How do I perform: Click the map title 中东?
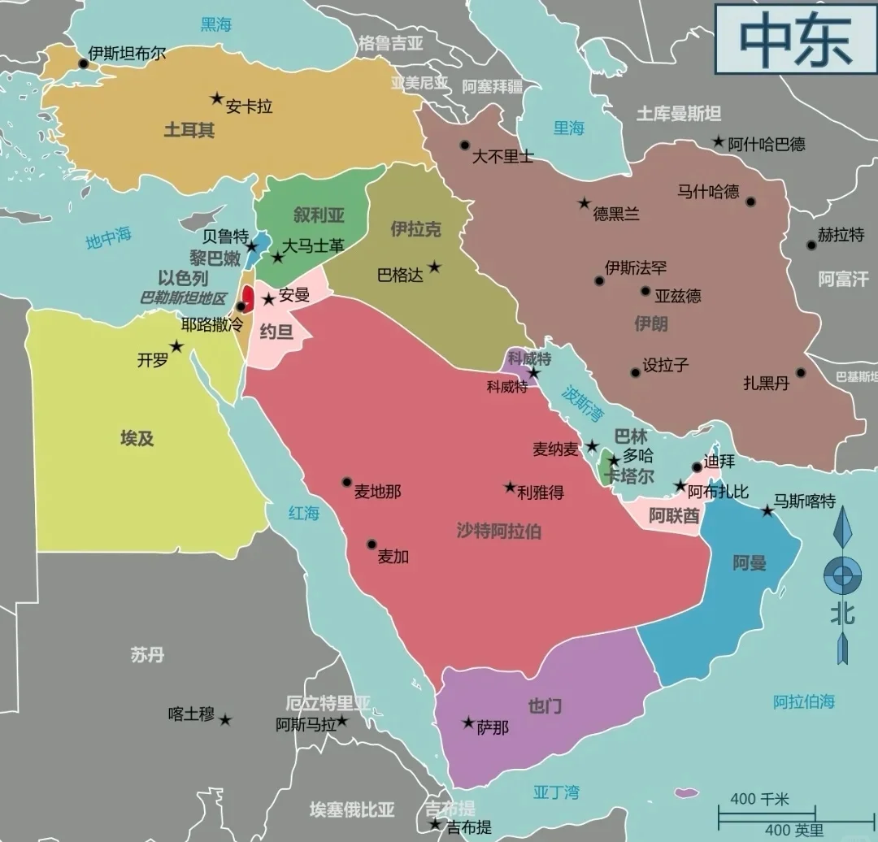pos(796,39)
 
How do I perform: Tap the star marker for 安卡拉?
pos(217,98)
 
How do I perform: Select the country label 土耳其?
pos(189,130)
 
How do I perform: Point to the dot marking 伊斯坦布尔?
pos(83,63)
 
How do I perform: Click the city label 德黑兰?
pos(616,214)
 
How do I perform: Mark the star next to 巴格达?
pos(435,266)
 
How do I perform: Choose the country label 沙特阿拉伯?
pos(498,532)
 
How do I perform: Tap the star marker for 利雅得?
pos(510,488)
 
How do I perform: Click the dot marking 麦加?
pos(372,544)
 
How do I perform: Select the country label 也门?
pos(545,705)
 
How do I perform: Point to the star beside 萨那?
pos(468,722)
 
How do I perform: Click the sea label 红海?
pos(304,513)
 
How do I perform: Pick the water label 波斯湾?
pos(583,403)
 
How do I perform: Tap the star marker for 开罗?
pos(176,346)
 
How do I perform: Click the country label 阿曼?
pos(749,562)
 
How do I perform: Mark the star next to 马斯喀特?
pos(767,510)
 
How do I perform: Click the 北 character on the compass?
pos(842,614)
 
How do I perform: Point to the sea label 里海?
pos(569,128)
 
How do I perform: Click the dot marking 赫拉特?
pos(811,245)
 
